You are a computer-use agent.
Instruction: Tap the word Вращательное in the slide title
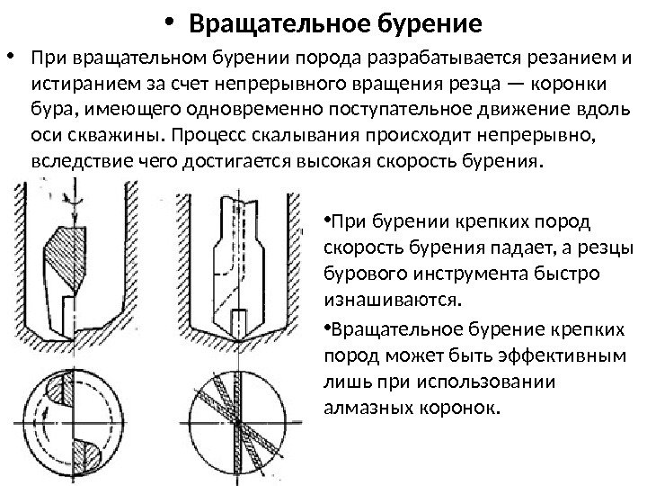click(x=284, y=20)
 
